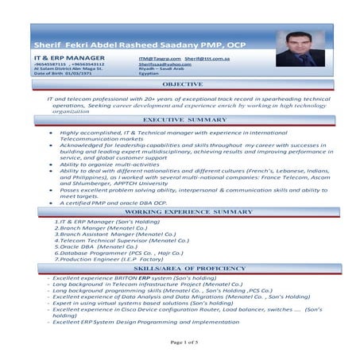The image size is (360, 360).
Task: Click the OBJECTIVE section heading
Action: [x=182, y=83]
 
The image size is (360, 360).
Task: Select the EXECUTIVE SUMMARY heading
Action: [x=183, y=119]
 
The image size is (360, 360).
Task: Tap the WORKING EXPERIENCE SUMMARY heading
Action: [x=182, y=213]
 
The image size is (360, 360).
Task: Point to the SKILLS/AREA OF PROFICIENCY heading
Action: [x=182, y=270]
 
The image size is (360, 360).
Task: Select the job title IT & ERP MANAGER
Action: [x=68, y=58]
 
